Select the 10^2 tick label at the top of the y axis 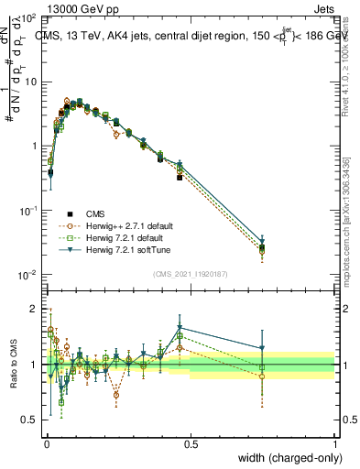pos(27,17)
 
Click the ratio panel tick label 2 pos(35,307)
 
